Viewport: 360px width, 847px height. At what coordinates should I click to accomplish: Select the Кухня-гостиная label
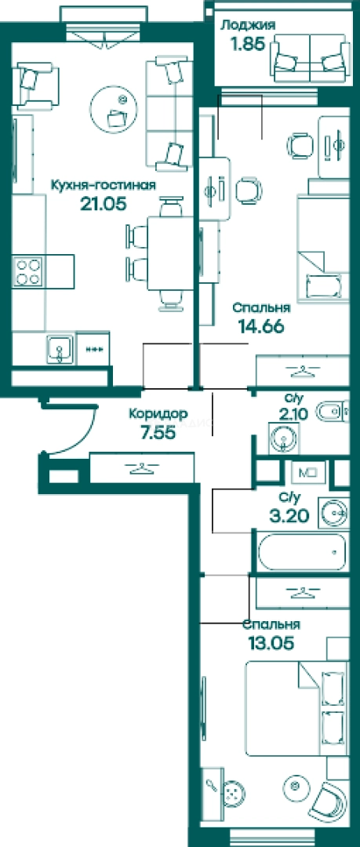coord(104,185)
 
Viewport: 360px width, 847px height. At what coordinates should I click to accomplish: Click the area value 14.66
coord(261,326)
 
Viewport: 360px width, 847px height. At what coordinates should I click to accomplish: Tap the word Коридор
coord(158,414)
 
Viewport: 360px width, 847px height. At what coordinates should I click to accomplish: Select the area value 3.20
coord(289,516)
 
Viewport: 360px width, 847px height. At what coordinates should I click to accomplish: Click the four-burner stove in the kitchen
coord(28,271)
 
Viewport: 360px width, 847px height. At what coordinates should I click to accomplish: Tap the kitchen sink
coord(59,348)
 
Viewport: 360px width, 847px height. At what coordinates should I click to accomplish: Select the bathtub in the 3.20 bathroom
coord(302,552)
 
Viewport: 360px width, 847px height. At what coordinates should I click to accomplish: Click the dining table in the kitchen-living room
coord(169,253)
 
